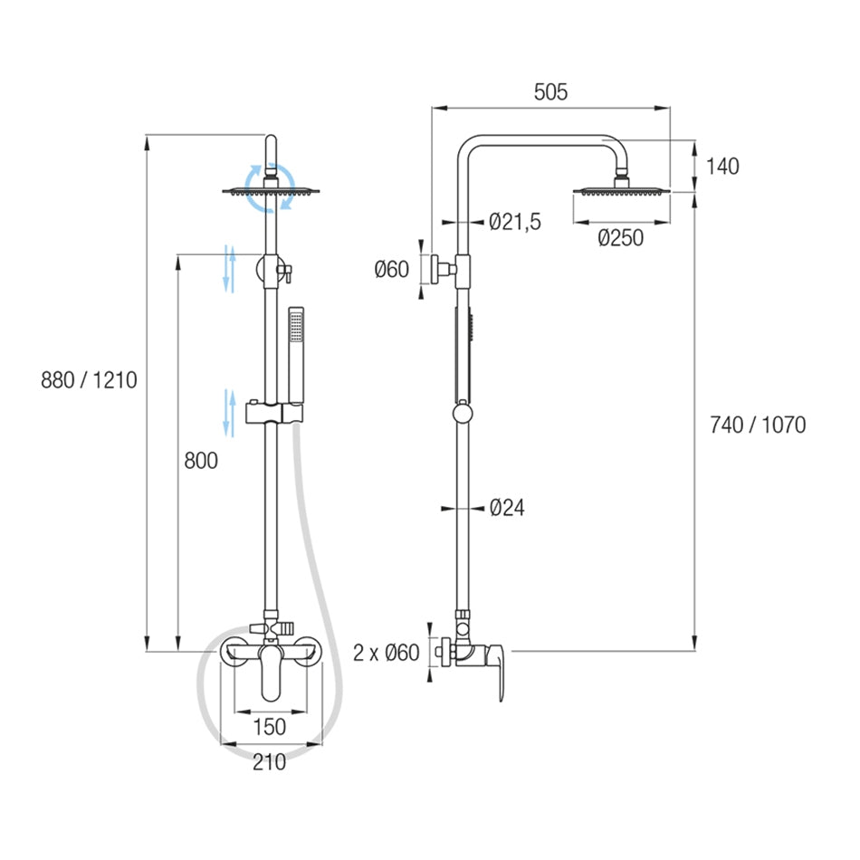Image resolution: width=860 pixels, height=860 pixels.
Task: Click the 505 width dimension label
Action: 550,91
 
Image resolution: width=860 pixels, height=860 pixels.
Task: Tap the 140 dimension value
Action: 722,166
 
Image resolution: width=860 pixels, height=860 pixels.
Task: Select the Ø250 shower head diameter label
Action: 620,238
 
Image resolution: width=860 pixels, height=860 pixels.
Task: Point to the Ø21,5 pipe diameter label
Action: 514,222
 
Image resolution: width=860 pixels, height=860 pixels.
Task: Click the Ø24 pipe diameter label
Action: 506,508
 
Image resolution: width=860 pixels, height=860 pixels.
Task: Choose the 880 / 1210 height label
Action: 89,379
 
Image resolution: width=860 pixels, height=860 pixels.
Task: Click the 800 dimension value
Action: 201,461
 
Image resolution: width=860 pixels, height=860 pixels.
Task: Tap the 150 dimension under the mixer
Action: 269,726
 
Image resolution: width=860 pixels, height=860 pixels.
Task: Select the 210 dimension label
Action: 269,762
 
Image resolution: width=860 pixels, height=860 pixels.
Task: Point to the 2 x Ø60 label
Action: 387,652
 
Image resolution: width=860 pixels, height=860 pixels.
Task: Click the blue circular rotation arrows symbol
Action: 271,187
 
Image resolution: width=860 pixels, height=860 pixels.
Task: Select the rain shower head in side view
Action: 621,189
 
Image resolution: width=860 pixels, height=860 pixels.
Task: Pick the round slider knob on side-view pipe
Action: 462,415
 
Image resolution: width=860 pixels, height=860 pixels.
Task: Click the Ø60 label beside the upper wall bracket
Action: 392,269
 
